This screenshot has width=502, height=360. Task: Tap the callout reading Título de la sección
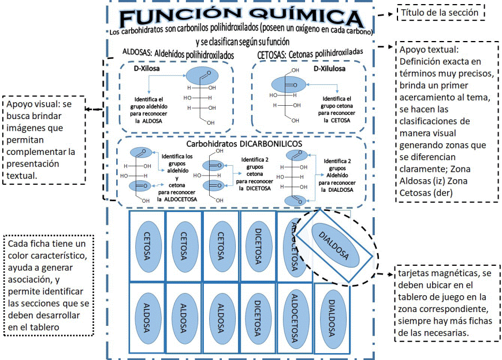pyautogui.click(x=441, y=13)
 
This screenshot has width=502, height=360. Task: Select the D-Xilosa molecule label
pyautogui.click(x=147, y=68)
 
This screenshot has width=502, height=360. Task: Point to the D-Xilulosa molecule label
pyautogui.click(x=329, y=69)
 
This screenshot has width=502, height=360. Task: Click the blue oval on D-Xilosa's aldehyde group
pyautogui.click(x=202, y=76)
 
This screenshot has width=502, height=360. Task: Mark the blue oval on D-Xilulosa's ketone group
pyautogui.click(x=288, y=85)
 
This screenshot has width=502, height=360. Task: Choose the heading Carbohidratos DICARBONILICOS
pyautogui.click(x=244, y=144)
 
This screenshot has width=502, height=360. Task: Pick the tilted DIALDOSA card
pyautogui.click(x=334, y=246)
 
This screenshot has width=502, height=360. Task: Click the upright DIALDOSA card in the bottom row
pyautogui.click(x=332, y=318)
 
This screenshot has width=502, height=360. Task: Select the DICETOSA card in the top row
pyautogui.click(x=258, y=246)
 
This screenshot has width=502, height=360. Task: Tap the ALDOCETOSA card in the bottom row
pyautogui.click(x=295, y=318)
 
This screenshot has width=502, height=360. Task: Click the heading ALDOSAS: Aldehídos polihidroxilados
pyautogui.click(x=179, y=54)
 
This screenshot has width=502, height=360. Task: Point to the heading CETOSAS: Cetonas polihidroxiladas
pyautogui.click(x=310, y=54)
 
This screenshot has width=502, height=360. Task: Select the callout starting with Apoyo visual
pyautogui.click(x=44, y=140)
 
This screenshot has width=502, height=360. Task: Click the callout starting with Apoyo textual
pyautogui.click(x=447, y=121)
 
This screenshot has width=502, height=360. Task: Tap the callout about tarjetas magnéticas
pyautogui.click(x=447, y=303)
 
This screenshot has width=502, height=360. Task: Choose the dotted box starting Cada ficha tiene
pyautogui.click(x=49, y=285)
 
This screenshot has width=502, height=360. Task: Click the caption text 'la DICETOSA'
pyautogui.click(x=255, y=188)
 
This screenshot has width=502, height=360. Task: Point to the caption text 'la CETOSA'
pyautogui.click(x=337, y=120)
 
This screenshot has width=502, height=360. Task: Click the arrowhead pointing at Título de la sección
pyautogui.click(x=391, y=14)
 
